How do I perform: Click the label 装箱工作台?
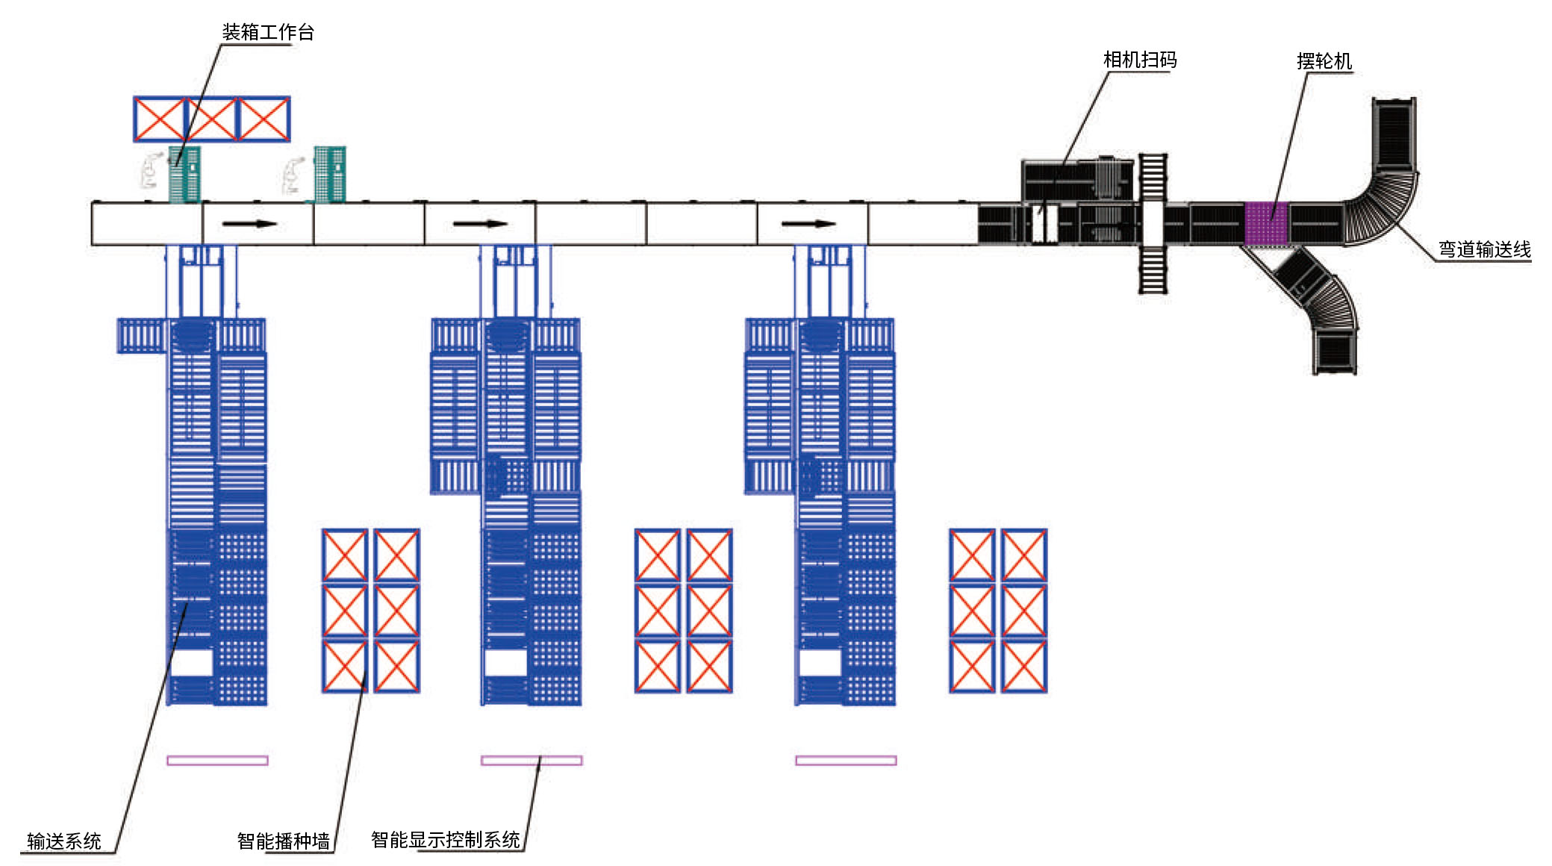pos(267,32)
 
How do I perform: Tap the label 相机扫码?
pos(1139,60)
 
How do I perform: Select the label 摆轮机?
pos(1324,61)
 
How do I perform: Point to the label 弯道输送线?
pos(1484,249)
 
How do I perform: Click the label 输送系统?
pos(64,841)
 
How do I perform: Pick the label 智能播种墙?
pos(283,841)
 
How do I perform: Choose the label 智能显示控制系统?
pos(446,840)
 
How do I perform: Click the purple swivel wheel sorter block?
pos(1266,222)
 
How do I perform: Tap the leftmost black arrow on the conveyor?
pos(250,223)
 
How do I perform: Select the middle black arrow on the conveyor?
pos(480,223)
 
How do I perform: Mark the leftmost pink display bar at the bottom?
pos(217,760)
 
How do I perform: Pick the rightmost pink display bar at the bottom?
pos(846,760)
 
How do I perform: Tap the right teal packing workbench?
pos(329,174)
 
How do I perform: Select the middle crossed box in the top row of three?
pos(211,119)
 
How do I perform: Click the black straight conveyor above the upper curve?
pos(1393,134)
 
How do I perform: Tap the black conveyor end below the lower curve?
pos(1335,352)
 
